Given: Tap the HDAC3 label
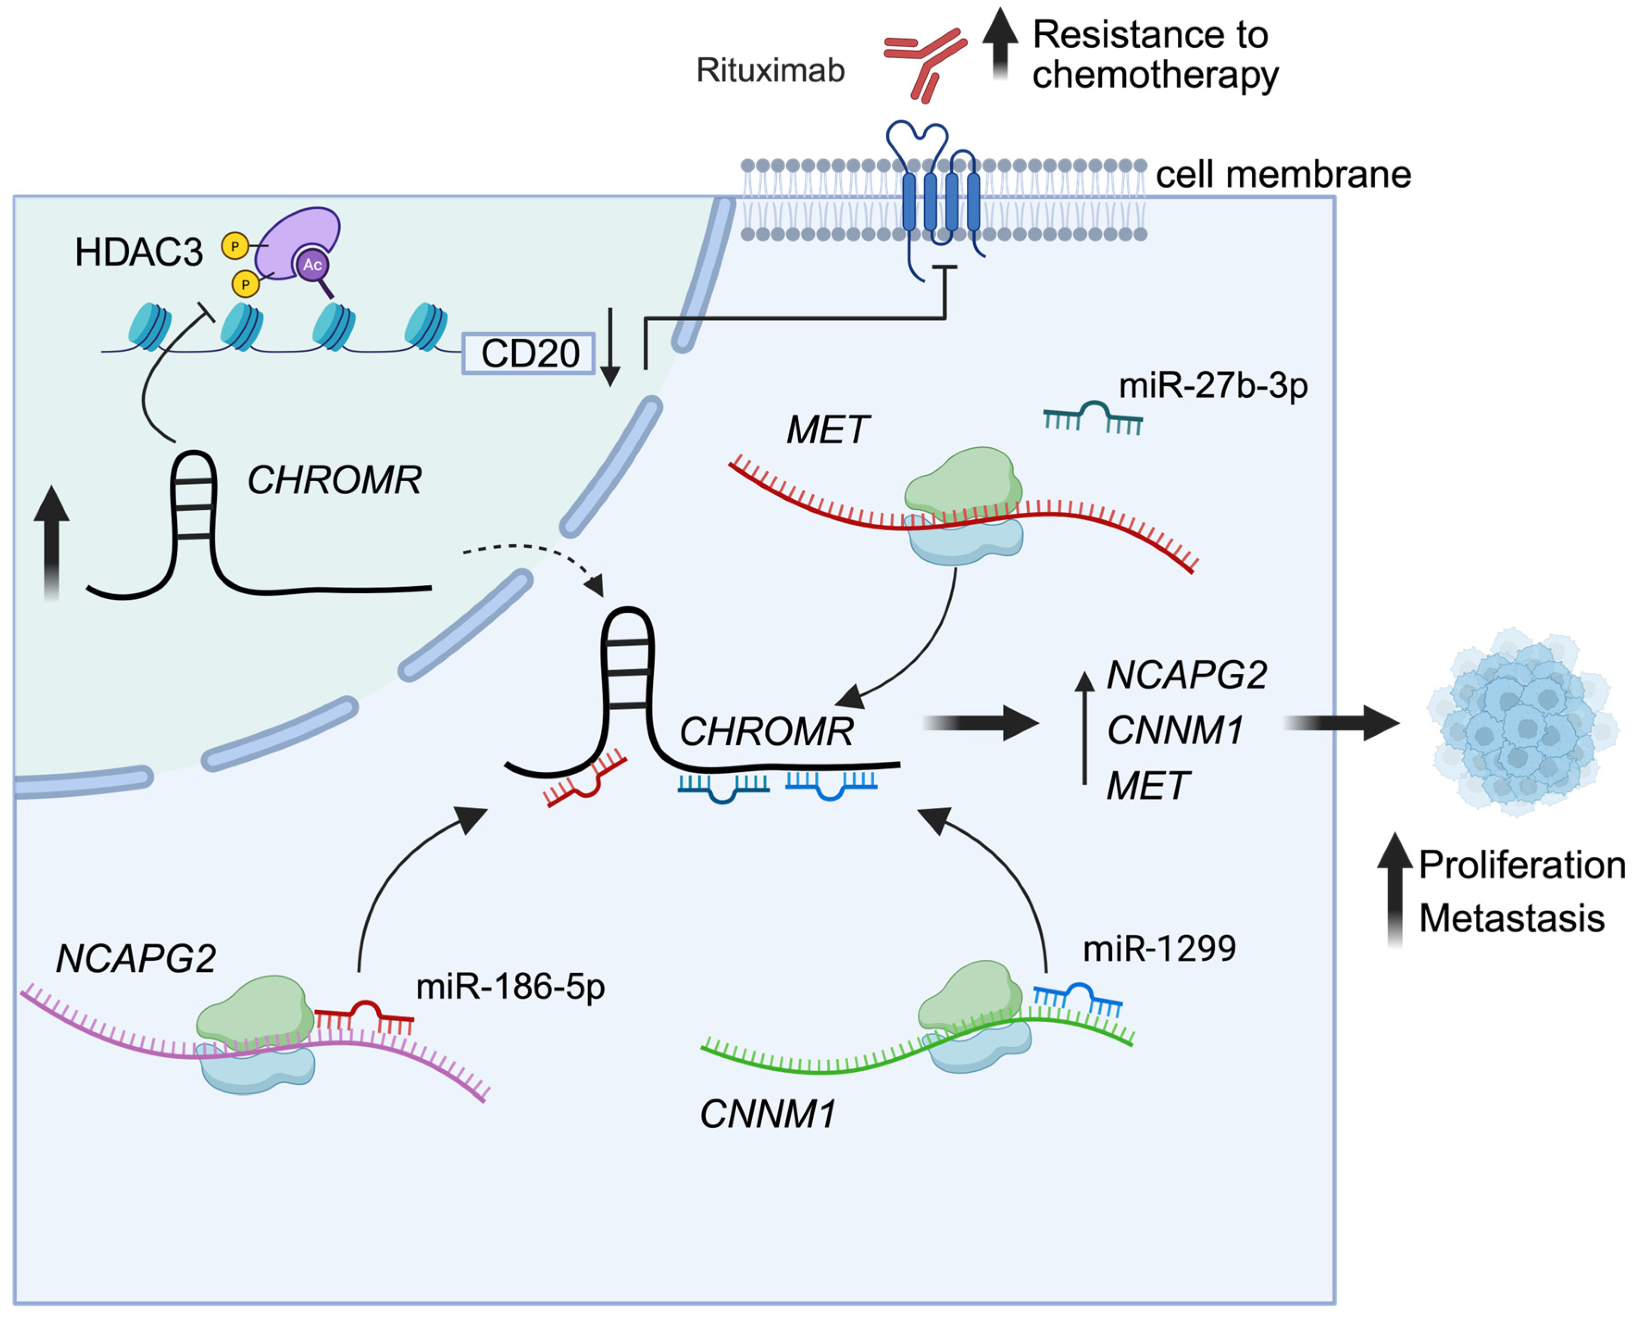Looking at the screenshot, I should pyautogui.click(x=138, y=252).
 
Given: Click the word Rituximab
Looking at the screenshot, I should pyautogui.click(x=770, y=70).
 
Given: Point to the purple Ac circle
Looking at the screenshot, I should pyautogui.click(x=312, y=265).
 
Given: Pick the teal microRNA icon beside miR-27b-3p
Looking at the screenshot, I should pyautogui.click(x=1092, y=418).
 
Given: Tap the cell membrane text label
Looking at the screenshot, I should pyautogui.click(x=1283, y=174).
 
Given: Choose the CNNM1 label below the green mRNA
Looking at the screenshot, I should pyautogui.click(x=767, y=1114).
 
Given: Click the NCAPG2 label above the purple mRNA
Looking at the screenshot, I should pyautogui.click(x=136, y=958).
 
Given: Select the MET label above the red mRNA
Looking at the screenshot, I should pyautogui.click(x=827, y=429).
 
